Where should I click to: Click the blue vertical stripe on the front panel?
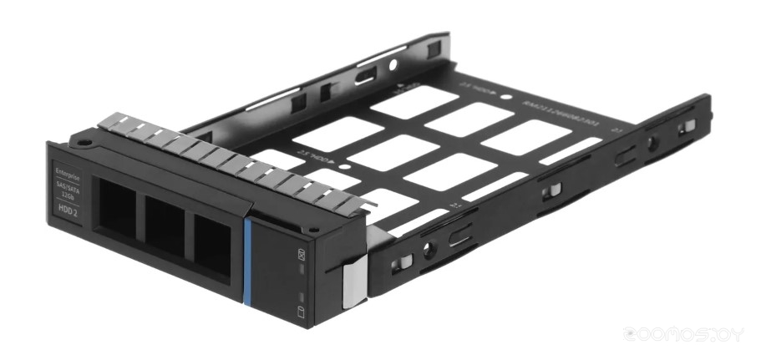pyautogui.click(x=246, y=259)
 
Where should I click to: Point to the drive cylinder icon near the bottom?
pyautogui.click(x=302, y=315)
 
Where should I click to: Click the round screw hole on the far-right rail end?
pyautogui.click(x=652, y=143)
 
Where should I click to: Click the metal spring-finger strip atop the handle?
pyautogui.click(x=226, y=159)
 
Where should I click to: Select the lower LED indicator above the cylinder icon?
pyautogui.click(x=301, y=297)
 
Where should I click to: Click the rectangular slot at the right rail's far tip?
pyautogui.click(x=688, y=125)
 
